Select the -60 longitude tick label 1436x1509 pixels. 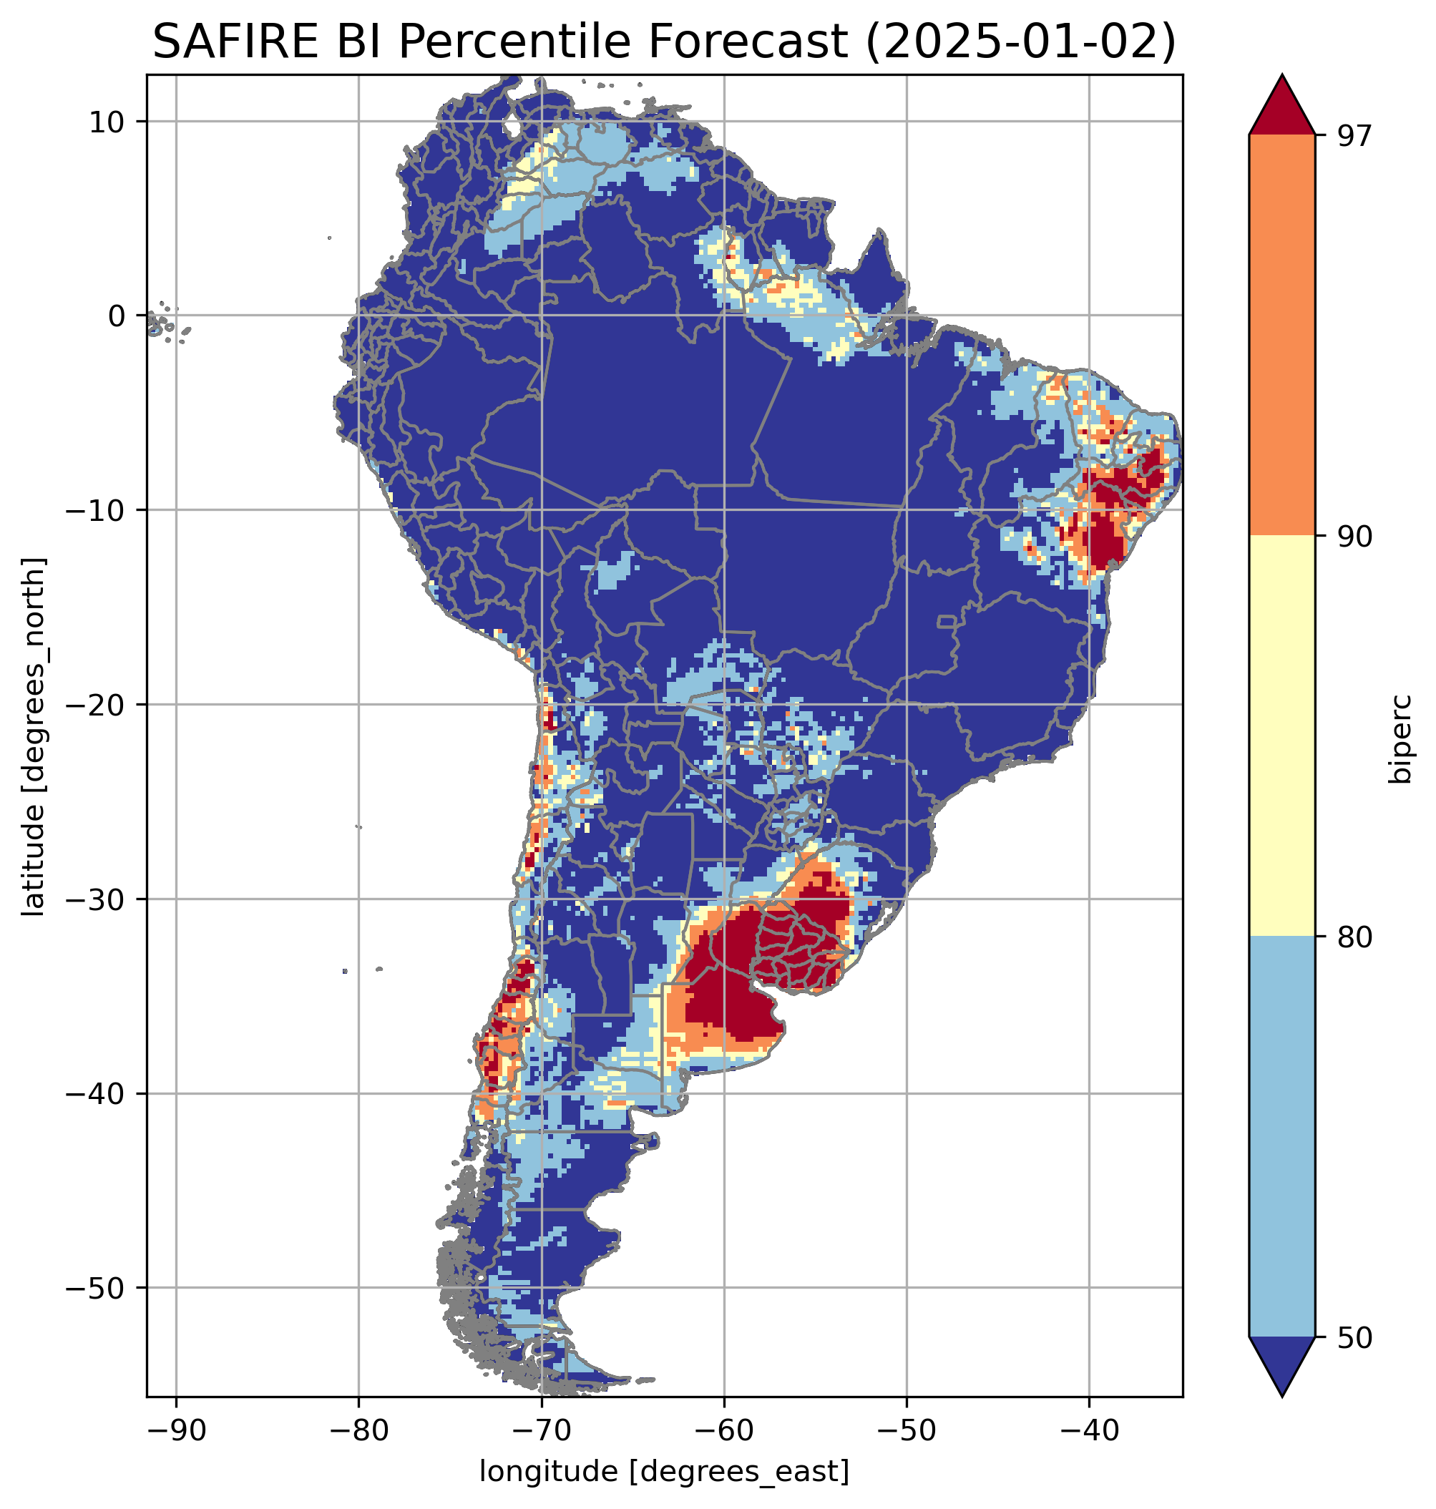click(x=723, y=1430)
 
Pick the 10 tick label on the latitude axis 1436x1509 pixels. click(x=107, y=122)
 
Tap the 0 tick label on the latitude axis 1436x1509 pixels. click(x=117, y=316)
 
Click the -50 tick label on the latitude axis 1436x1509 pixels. click(x=97, y=1288)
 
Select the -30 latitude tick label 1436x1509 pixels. click(x=97, y=899)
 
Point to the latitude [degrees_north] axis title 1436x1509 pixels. click(x=34, y=736)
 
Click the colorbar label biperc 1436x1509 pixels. click(x=1402, y=736)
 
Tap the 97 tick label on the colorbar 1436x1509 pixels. click(x=1352, y=135)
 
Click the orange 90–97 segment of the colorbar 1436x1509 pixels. click(x=1281, y=335)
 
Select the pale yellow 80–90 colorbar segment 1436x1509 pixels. click(x=1281, y=735)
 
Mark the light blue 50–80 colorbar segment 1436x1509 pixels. click(x=1281, y=1137)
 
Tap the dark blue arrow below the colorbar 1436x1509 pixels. click(x=1281, y=1364)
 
